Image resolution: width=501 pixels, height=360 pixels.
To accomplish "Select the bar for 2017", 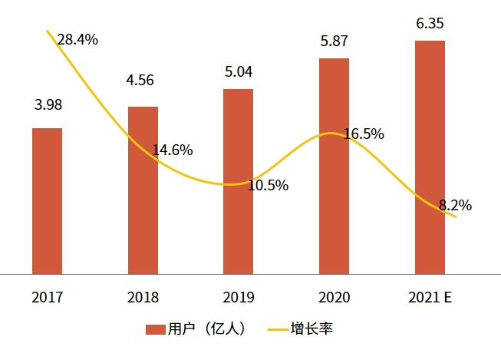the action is pyautogui.click(x=47, y=201).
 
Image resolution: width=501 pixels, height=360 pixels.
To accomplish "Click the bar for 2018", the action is pyautogui.click(x=143, y=190).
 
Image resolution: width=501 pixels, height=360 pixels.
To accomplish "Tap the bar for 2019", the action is pyautogui.click(x=238, y=182).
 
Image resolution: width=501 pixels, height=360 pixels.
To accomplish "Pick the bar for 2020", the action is pyautogui.click(x=334, y=167).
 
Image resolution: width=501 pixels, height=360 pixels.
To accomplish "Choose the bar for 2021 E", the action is pyautogui.click(x=430, y=157).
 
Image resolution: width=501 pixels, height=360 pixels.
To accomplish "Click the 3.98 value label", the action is pyautogui.click(x=48, y=105).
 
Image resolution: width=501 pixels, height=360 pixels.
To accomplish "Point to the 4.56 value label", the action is pyautogui.click(x=140, y=80).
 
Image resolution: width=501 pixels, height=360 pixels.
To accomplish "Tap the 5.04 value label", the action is pyautogui.click(x=239, y=71).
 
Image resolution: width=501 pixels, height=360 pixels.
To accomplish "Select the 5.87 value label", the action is pyautogui.click(x=334, y=41).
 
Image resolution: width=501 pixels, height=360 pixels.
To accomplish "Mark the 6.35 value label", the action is pyautogui.click(x=430, y=23).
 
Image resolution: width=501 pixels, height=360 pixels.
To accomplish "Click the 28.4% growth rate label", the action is pyautogui.click(x=77, y=40).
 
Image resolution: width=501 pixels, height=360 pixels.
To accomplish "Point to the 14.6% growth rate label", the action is pyautogui.click(x=173, y=150).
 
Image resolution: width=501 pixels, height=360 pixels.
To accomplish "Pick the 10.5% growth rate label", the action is pyautogui.click(x=268, y=186).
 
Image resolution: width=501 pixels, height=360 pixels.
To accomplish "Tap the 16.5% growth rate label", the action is pyautogui.click(x=364, y=134).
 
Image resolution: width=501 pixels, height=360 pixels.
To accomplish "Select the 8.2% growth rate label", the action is pyautogui.click(x=455, y=205).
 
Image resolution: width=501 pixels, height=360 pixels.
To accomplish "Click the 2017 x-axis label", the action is pyautogui.click(x=48, y=297).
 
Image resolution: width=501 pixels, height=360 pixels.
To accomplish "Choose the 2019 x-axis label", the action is pyautogui.click(x=239, y=297).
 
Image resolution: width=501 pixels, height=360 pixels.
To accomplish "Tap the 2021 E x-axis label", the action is pyautogui.click(x=430, y=297).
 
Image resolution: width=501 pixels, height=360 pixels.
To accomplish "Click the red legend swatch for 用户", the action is pyautogui.click(x=156, y=329).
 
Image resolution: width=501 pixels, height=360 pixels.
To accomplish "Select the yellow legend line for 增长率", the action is pyautogui.click(x=278, y=329).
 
